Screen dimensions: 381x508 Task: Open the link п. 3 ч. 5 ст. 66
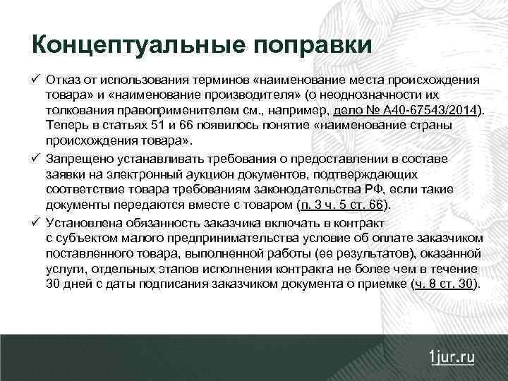tap(343, 205)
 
